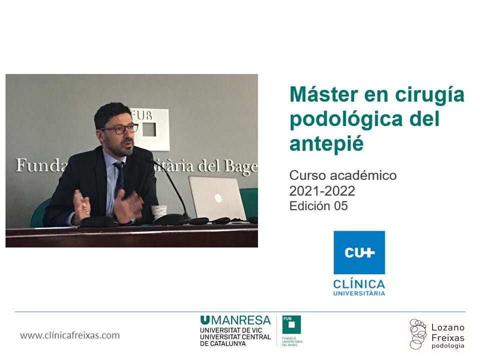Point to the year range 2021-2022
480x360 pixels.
point(323,190)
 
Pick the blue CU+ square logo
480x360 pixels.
point(359,252)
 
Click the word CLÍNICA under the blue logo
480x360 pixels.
point(359,283)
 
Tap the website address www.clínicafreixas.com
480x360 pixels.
point(70,335)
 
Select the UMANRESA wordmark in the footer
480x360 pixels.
point(235,320)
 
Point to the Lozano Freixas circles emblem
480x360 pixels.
point(417,333)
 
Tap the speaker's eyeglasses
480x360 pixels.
point(120,129)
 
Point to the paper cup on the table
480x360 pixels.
point(158,211)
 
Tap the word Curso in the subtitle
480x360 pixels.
point(305,175)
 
